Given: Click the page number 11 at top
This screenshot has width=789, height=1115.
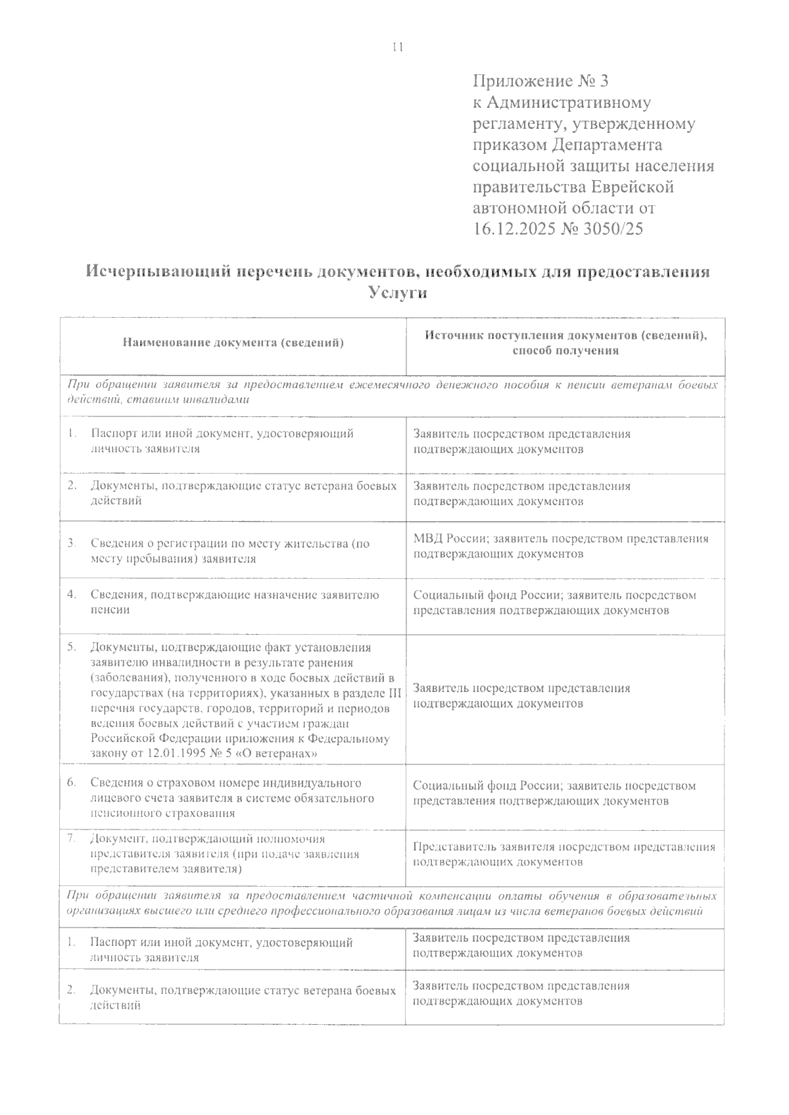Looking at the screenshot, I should tap(396, 47).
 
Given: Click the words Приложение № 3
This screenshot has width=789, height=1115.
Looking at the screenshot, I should tap(541, 82).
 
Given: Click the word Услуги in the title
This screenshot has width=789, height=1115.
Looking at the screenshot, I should tap(398, 293).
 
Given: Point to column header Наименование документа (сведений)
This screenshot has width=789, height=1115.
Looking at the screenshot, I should tap(233, 342).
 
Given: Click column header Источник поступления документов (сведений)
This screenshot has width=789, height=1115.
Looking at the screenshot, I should tap(565, 335).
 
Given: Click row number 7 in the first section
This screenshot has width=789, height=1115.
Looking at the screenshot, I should tap(72, 838).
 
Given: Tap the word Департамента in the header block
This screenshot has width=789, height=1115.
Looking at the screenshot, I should tap(608, 145).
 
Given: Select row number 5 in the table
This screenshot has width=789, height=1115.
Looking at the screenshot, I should tap(72, 647).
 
